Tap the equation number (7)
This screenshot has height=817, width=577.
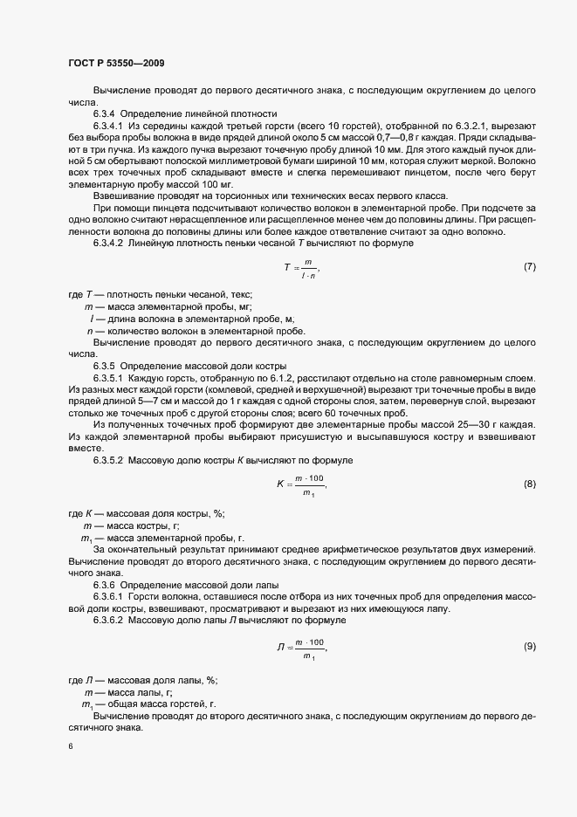[529, 265]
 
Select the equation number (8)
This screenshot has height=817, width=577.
[529, 483]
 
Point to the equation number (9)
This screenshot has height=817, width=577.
[529, 646]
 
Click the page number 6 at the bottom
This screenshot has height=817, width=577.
[70, 747]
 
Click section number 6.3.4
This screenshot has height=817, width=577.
[104, 113]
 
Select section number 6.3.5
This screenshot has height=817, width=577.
[104, 364]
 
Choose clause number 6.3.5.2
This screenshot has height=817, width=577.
[108, 460]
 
